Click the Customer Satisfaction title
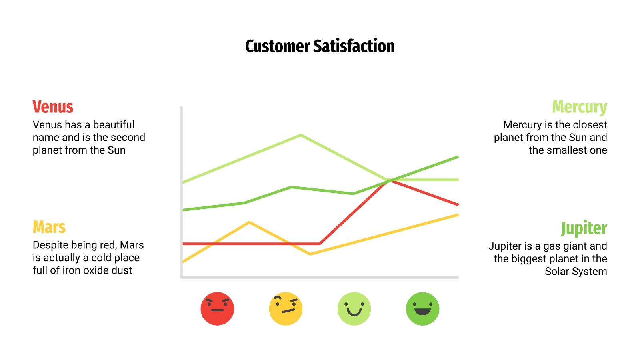[320, 46]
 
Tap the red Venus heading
[53, 107]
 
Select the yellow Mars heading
[49, 227]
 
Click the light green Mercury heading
[579, 107]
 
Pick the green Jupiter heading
[584, 228]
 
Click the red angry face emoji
[217, 308]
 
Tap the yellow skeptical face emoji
[286, 308]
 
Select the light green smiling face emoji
[354, 308]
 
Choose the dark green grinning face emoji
[422, 308]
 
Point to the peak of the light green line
[301, 135]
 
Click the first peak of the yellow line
[249, 222]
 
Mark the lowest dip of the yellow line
[310, 254]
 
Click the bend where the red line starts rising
[320, 243]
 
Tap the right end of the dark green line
[458, 157]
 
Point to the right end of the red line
[458, 204]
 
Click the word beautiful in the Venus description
[114, 125]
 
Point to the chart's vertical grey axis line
[182, 192]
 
